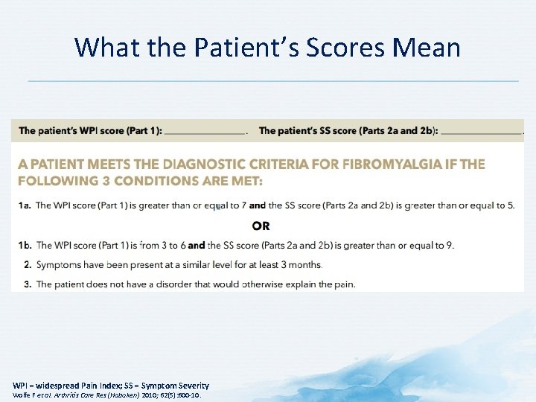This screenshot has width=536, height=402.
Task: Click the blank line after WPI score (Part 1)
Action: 205,131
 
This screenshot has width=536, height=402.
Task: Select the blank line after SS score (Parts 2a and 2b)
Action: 481,131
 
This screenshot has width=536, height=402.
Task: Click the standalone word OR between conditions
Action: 261,226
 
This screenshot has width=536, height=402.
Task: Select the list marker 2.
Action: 28,264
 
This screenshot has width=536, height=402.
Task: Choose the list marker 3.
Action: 28,284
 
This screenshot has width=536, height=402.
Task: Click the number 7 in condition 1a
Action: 243,205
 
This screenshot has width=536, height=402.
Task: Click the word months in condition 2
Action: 306,264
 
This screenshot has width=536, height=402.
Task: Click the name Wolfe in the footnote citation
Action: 23,395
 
